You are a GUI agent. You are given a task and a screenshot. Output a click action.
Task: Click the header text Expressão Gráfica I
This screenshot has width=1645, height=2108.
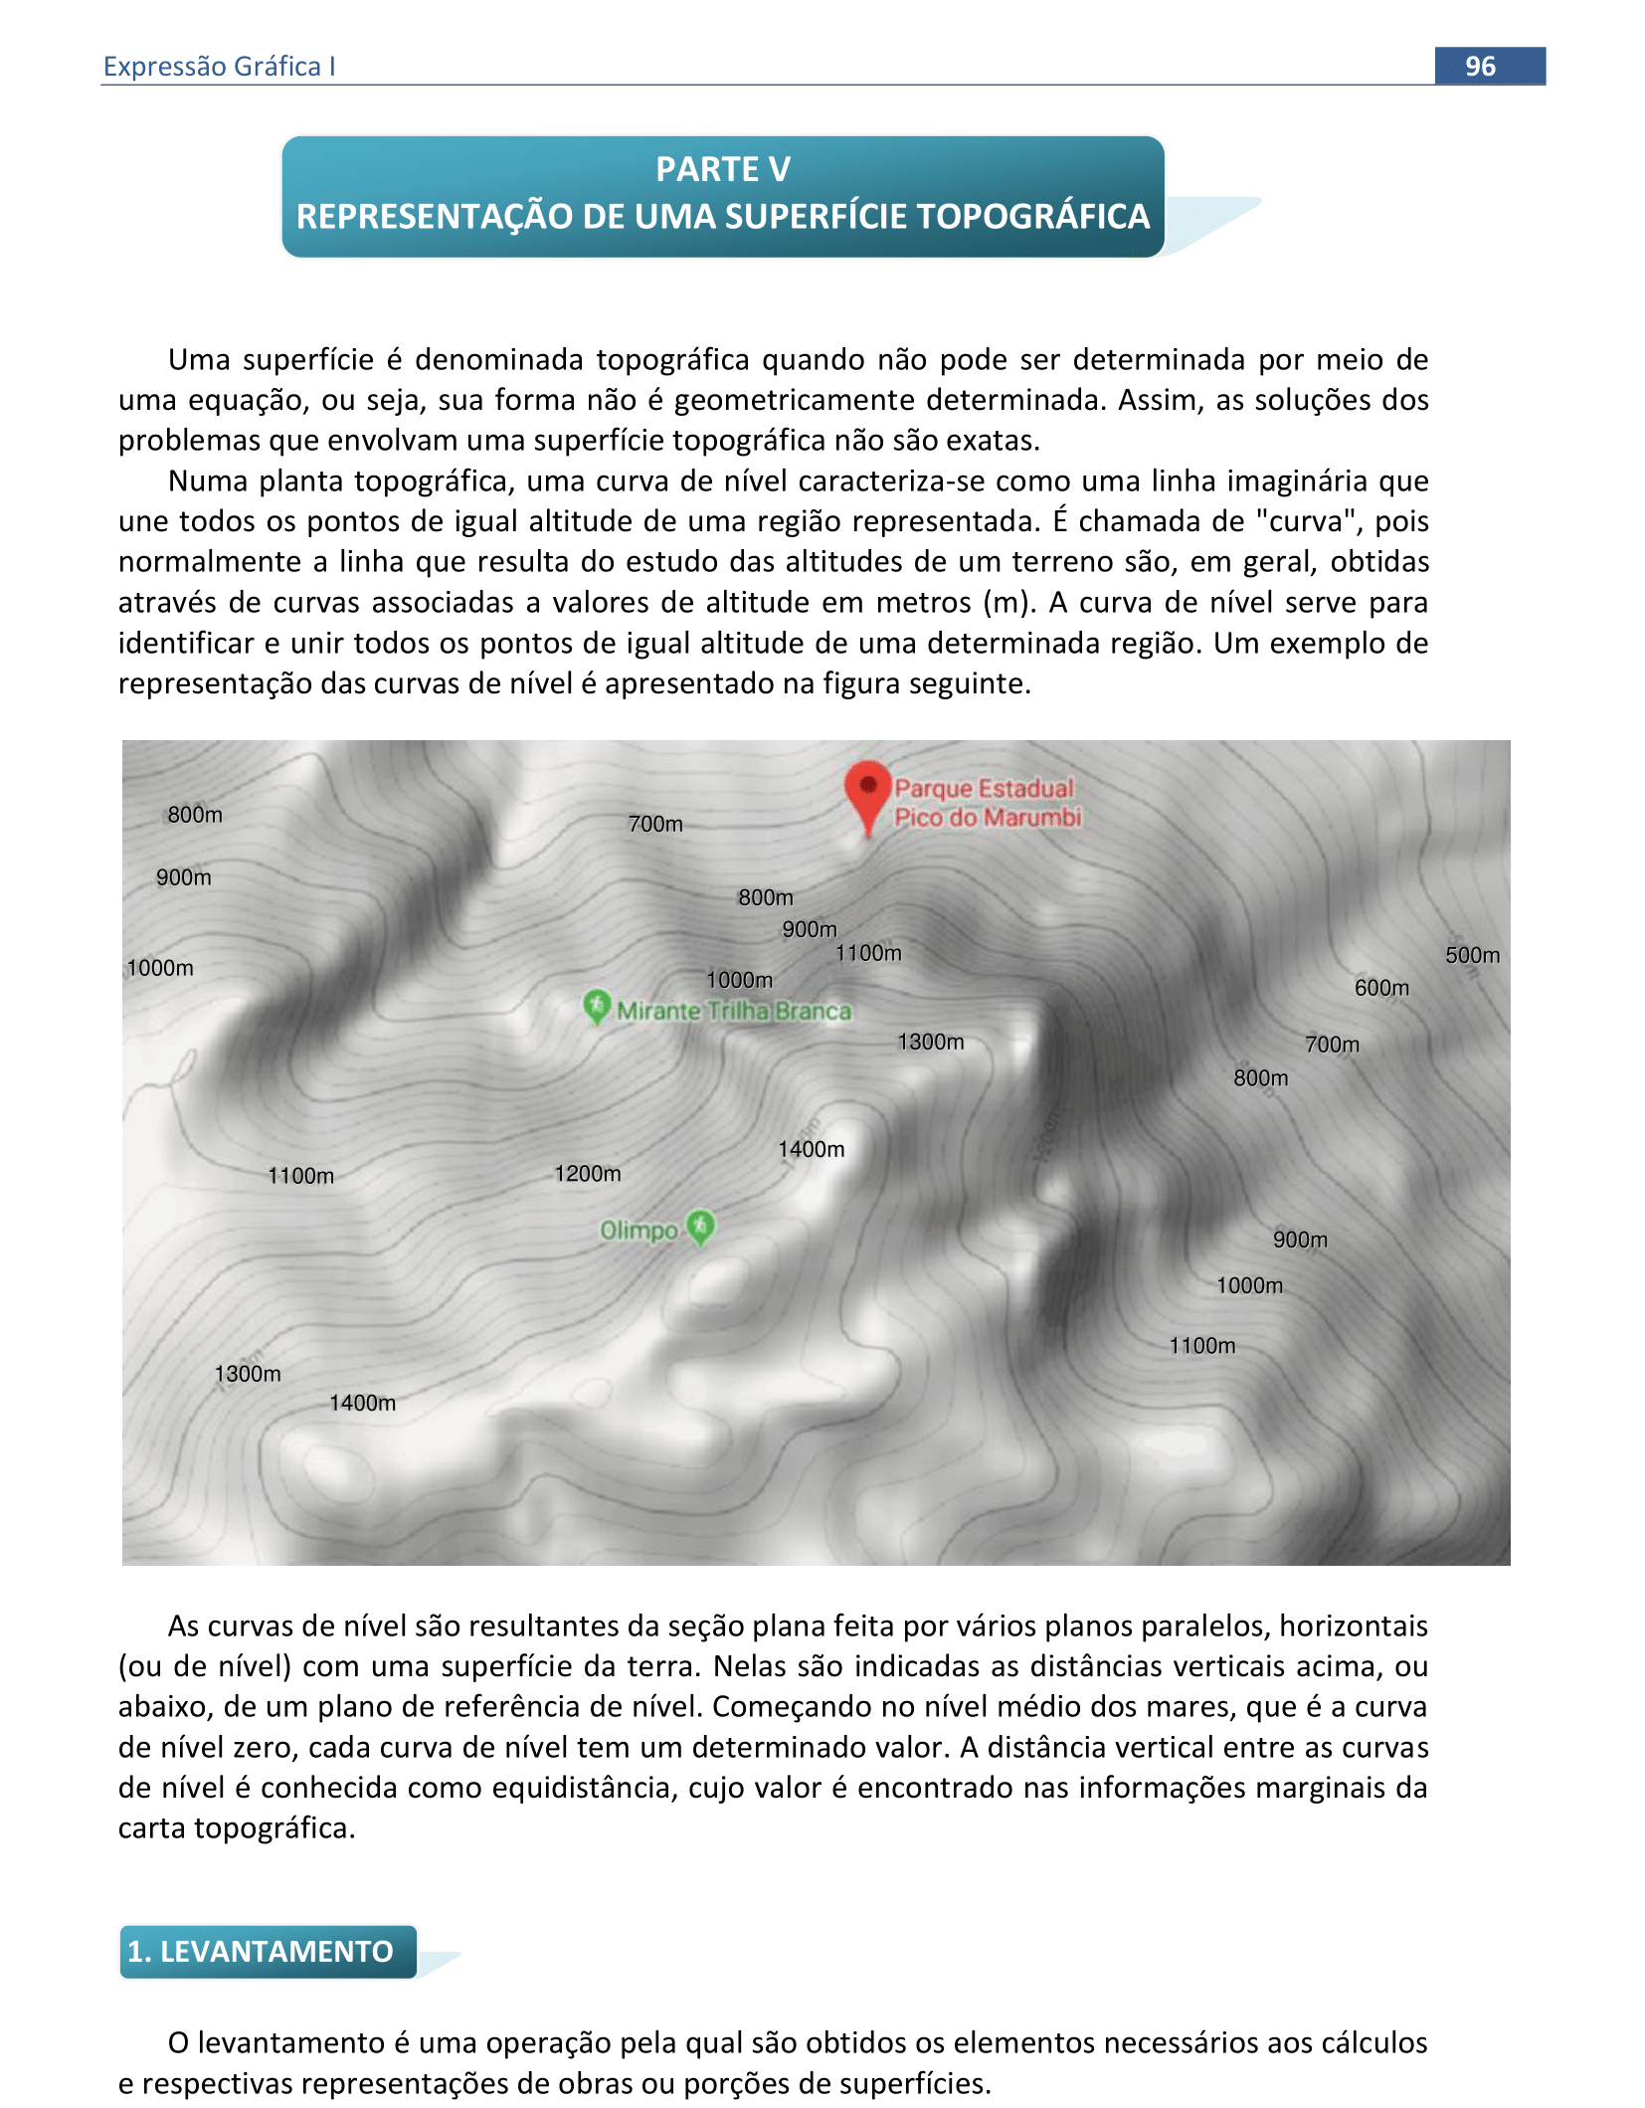coord(219,66)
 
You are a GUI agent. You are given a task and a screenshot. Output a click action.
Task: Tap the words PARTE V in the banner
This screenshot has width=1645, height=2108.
coord(723,169)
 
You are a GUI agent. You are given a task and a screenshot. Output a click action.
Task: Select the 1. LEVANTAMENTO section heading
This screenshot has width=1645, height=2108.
coord(261,1951)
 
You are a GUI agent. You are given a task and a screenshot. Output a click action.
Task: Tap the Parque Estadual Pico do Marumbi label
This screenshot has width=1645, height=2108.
coord(986,802)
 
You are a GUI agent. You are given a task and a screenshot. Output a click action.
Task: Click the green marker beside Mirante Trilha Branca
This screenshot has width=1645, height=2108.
coord(596,1006)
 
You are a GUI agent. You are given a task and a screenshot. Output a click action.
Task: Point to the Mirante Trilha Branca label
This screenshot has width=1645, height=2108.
coord(734,1011)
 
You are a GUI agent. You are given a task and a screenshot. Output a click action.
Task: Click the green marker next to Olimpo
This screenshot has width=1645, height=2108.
coord(701,1226)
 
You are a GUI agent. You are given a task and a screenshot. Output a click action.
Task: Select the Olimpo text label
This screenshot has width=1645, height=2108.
coord(639,1231)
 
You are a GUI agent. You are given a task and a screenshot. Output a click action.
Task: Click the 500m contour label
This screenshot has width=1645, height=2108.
coord(1472,955)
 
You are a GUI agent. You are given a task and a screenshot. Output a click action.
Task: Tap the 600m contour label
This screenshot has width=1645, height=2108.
coord(1381,988)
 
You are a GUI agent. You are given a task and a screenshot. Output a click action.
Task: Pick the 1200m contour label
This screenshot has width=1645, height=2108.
coord(588,1174)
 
